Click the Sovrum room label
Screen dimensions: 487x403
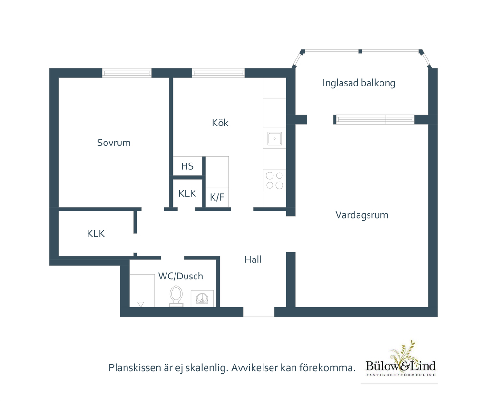(x=114, y=143)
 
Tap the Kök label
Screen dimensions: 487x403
(x=220, y=123)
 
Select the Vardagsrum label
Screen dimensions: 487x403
(x=362, y=215)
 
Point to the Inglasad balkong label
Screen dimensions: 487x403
(x=359, y=83)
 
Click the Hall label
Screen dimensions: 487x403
(x=253, y=259)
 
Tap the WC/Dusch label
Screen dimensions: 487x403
(x=181, y=276)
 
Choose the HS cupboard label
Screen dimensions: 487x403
(x=187, y=166)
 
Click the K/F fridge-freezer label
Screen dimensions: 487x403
(x=217, y=197)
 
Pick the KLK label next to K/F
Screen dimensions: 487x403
(x=187, y=193)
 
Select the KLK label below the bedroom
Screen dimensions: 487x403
(x=96, y=233)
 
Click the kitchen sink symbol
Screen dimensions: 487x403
(x=274, y=138)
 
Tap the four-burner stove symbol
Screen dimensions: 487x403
(x=274, y=181)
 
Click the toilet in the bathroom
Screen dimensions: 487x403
(x=176, y=296)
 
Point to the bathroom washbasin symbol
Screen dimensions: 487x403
(x=202, y=298)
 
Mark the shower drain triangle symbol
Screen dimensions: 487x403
(x=141, y=304)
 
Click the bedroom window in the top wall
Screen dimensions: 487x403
(x=127, y=73)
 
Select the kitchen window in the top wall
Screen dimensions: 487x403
(x=218, y=73)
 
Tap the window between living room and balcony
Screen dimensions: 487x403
(x=375, y=119)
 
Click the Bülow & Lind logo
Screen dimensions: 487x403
(x=400, y=360)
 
